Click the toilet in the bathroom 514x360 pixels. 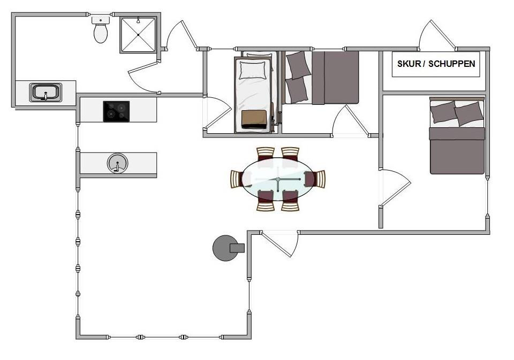pyautogui.click(x=100, y=30)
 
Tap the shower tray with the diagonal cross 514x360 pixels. pyautogui.click(x=138, y=35)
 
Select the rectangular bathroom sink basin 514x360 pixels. pyautogui.click(x=46, y=93)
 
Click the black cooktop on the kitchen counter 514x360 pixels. pyautogui.click(x=116, y=111)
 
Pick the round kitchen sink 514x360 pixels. pyautogui.click(x=118, y=163)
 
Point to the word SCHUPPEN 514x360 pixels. pyautogui.click(x=452, y=64)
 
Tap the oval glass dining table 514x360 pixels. pyautogui.click(x=278, y=179)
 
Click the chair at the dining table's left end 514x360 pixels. pyautogui.click(x=237, y=179)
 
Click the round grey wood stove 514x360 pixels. pyautogui.click(x=226, y=248)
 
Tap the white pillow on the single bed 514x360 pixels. pyautogui.click(x=252, y=70)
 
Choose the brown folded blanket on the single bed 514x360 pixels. pyautogui.click(x=254, y=119)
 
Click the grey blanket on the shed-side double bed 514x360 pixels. pyautogui.click(x=457, y=151)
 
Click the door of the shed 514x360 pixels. pyautogui.click(x=437, y=35)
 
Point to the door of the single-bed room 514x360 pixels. pyautogui.click(x=218, y=113)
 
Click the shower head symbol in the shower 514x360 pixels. pyautogui.click(x=138, y=21)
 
